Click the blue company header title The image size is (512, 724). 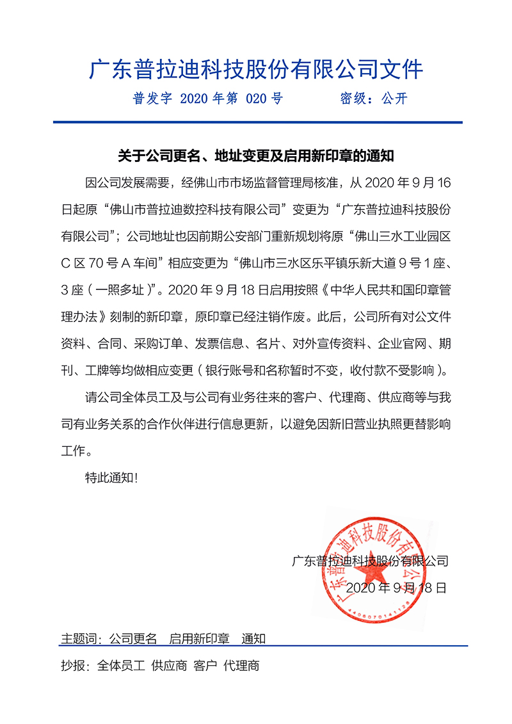[256, 69]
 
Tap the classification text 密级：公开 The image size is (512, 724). [373, 99]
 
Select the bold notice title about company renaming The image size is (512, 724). [256, 156]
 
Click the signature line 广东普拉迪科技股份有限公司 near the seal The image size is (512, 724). [370, 561]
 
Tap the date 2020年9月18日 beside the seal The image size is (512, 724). [396, 588]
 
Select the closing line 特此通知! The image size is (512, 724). [111, 478]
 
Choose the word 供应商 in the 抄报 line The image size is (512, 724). [169, 666]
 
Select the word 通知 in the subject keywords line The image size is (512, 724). [253, 639]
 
